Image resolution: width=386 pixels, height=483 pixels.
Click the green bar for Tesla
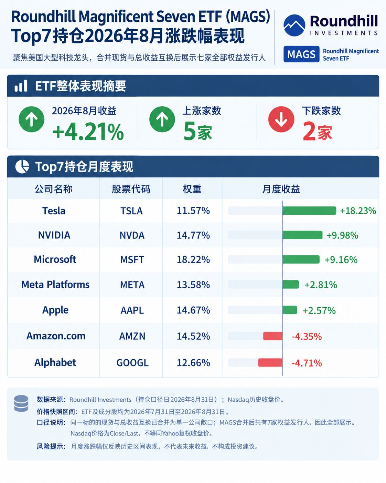[309, 210]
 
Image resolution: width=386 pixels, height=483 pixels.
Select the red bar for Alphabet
[270, 362]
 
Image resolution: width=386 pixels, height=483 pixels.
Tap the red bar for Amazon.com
[273, 336]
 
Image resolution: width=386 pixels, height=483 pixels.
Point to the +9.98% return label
[342, 235]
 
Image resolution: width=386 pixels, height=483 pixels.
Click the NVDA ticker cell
[132, 235]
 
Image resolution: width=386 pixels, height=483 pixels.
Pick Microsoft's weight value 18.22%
[193, 259]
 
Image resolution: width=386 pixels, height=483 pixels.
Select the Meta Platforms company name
[55, 284]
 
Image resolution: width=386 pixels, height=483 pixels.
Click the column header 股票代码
[131, 189]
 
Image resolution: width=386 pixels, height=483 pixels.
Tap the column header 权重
[192, 189]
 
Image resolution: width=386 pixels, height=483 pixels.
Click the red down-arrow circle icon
[281, 119]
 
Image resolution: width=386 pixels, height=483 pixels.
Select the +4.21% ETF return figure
[88, 132]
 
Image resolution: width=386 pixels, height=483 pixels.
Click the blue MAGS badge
[301, 54]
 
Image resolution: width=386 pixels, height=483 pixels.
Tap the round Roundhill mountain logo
[294, 25]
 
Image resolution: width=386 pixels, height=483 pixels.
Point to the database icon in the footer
[21, 403]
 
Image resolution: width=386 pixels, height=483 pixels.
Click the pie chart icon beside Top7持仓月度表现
[22, 166]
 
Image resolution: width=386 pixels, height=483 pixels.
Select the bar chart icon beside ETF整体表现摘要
[21, 86]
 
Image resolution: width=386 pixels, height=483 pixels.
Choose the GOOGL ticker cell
[132, 363]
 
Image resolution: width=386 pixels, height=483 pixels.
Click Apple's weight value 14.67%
[193, 310]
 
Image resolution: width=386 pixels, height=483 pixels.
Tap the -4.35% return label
[307, 337]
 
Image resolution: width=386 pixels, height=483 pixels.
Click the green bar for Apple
[290, 310]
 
